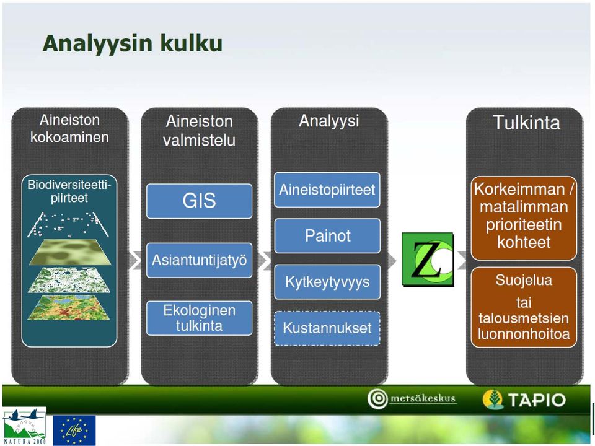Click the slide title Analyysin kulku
coord(133,43)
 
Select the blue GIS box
coord(199,201)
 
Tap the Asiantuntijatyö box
coord(199,260)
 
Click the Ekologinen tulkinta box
coord(199,318)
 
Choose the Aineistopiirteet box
coord(327,190)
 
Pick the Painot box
coord(327,236)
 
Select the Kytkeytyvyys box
coord(327,282)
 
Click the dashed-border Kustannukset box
coord(327,328)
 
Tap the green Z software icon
coord(428,260)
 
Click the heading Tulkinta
coord(526,123)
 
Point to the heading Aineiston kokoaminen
coord(69,129)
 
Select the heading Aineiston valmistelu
coord(199,131)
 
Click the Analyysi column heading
coord(328,121)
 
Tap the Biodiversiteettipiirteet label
coord(69,191)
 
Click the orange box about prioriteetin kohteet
coord(524,218)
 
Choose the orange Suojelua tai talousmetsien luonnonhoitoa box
coord(524,307)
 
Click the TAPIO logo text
coord(537,400)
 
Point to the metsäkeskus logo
coord(412,399)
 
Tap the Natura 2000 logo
coord(24,426)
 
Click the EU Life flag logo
coord(74,430)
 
